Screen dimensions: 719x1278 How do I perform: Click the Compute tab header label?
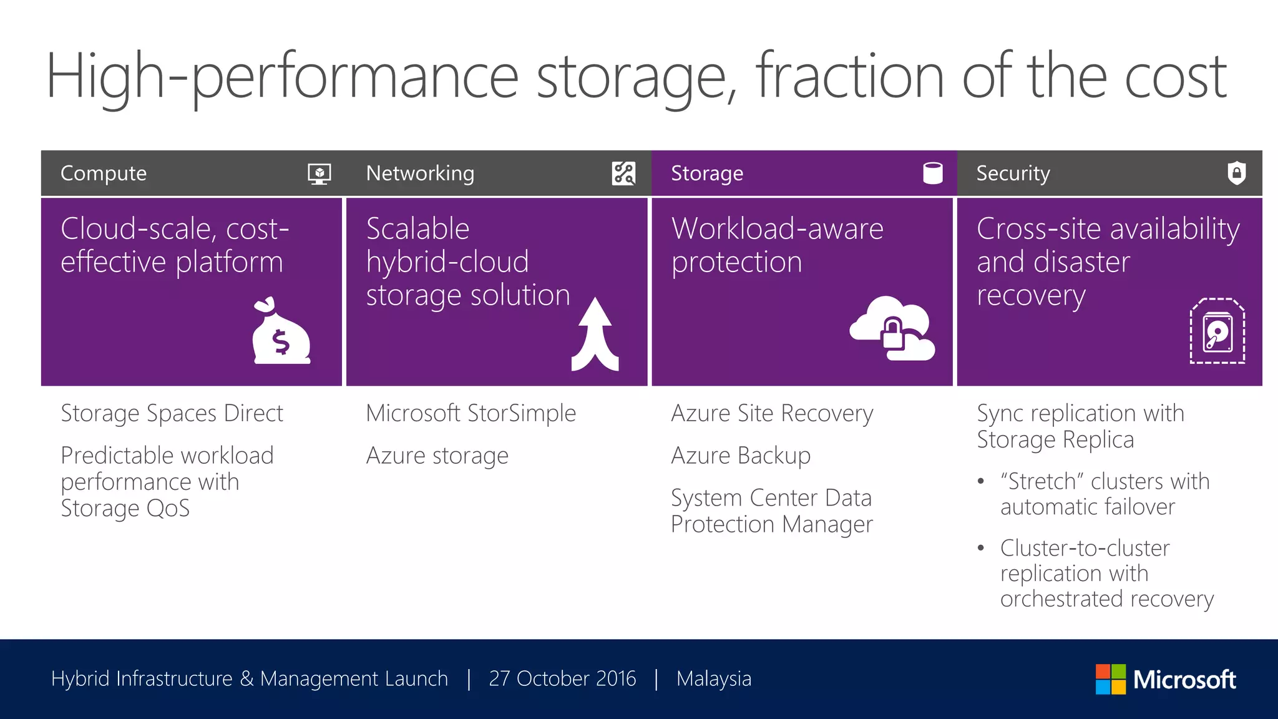[104, 173]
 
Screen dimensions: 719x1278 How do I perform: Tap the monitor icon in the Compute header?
[319, 174]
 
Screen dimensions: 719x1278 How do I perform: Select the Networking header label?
[420, 173]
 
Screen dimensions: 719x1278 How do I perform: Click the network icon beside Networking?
[623, 173]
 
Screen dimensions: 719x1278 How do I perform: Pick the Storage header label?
[707, 173]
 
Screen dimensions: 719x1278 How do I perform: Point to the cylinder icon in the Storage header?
[932, 173]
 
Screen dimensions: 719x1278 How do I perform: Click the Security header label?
[1013, 173]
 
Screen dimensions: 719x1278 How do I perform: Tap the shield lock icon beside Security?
[1236, 173]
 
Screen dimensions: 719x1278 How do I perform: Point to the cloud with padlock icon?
[892, 329]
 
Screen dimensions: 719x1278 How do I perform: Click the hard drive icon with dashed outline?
[1217, 331]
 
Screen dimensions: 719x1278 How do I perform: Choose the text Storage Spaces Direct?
[172, 413]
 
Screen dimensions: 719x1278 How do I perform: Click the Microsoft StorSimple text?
[471, 413]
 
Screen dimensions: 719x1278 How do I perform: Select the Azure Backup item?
[741, 456]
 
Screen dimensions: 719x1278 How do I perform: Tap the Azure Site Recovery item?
[772, 413]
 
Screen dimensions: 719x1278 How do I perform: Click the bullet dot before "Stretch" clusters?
[981, 481]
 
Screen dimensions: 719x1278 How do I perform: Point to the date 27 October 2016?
[562, 678]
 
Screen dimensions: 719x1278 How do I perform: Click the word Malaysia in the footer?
[714, 678]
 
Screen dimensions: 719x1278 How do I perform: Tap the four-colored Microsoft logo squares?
[1111, 679]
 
